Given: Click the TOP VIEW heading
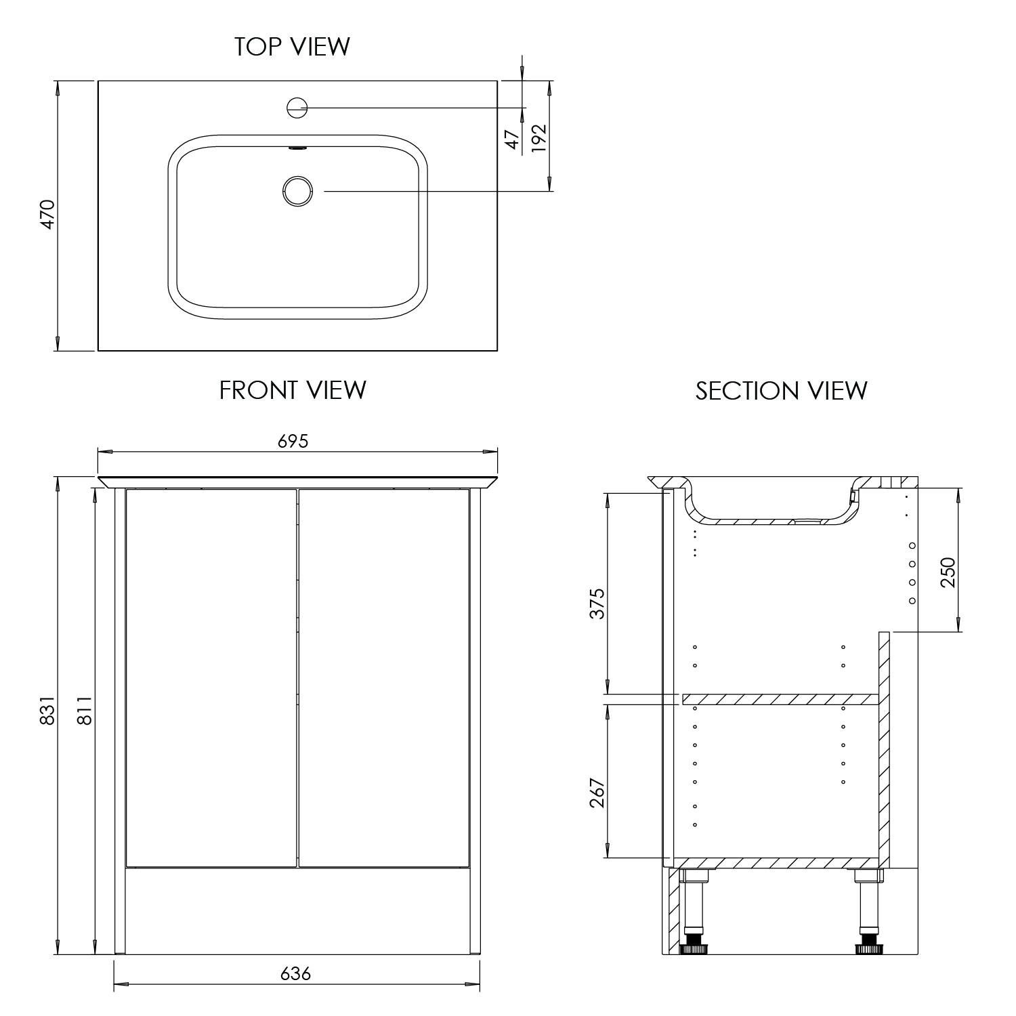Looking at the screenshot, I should click(x=292, y=47).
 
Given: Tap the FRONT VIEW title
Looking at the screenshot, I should click(x=293, y=390).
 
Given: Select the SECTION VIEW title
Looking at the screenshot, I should click(x=781, y=391).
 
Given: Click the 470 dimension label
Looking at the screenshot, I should click(x=47, y=214).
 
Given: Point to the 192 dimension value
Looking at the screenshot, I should click(x=538, y=137).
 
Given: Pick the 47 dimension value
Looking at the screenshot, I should click(x=513, y=140).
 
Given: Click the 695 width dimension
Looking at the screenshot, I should click(x=293, y=441).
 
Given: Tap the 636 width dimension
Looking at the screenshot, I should click(x=295, y=973).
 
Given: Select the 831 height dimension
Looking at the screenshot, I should click(x=47, y=711).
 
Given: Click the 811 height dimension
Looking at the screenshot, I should click(x=84, y=711).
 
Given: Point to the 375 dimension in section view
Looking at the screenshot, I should click(x=597, y=604).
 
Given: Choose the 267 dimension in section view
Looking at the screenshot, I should click(x=597, y=792).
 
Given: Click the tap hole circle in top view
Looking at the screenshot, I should click(x=297, y=107).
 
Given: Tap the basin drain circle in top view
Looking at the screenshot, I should click(x=297, y=190).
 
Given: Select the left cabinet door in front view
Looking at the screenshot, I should click(x=211, y=677).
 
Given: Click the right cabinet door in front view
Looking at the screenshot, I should click(x=384, y=677).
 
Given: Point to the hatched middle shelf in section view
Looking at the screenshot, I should click(x=779, y=699).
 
